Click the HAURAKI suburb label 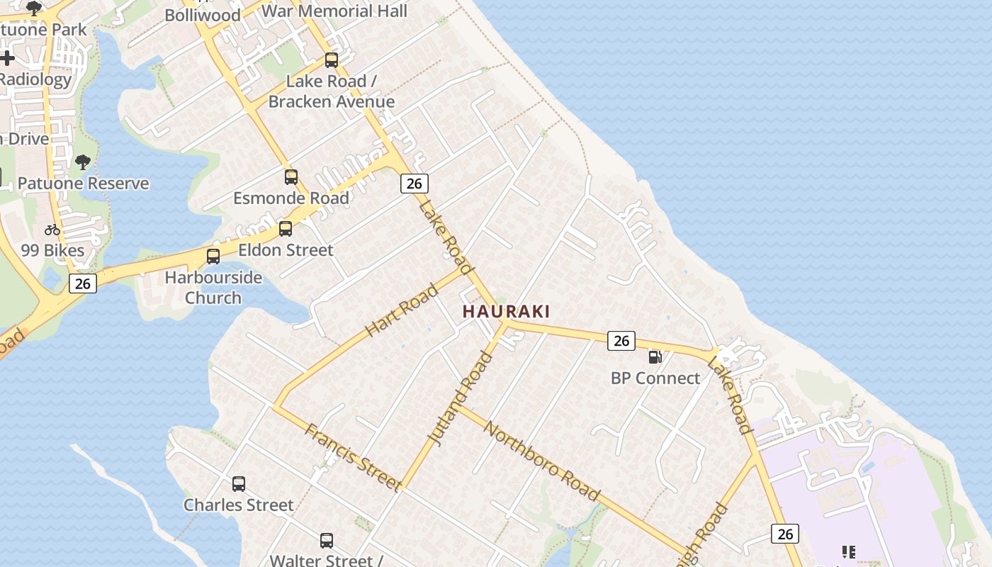(x=506, y=311)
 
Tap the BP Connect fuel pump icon (x=655, y=357)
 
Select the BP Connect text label (x=655, y=378)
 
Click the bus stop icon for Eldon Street (x=286, y=229)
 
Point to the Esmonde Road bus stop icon (x=291, y=177)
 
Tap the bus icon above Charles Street (x=239, y=484)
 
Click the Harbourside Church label (x=213, y=287)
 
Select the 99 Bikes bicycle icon (x=52, y=230)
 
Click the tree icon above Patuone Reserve (x=83, y=162)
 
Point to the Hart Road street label (x=402, y=310)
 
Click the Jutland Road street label (x=461, y=398)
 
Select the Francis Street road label (x=354, y=456)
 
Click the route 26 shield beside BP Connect (x=621, y=341)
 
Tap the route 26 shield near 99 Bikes (x=83, y=283)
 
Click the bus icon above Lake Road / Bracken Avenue (x=332, y=60)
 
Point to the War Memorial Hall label (x=334, y=11)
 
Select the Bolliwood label (x=203, y=15)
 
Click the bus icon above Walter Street (x=327, y=541)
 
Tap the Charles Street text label (x=239, y=505)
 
